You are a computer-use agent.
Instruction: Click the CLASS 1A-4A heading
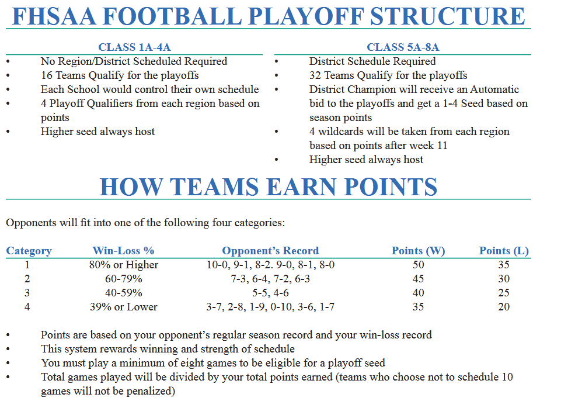pos(134,47)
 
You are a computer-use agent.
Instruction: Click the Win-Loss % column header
pos(123,251)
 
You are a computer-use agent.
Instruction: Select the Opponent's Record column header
pos(270,251)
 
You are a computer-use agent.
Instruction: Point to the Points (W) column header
pos(418,251)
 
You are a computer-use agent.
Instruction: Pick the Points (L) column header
pos(504,251)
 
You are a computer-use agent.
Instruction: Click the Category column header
pos(29,251)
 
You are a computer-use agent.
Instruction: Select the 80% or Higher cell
pos(123,265)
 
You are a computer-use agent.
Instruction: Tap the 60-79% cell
pos(123,279)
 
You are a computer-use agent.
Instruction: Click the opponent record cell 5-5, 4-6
pos(270,293)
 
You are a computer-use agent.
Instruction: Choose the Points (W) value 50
pos(418,265)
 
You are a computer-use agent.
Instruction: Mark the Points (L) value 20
pos(504,307)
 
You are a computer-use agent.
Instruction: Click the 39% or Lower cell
pos(123,307)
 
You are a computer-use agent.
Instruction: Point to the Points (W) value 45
pos(418,279)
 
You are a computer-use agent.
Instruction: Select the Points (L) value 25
pos(504,293)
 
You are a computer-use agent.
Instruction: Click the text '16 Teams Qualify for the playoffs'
pos(120,75)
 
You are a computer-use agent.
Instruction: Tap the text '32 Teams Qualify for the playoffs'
pos(388,75)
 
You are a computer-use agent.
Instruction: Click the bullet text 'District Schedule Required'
pos(372,61)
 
